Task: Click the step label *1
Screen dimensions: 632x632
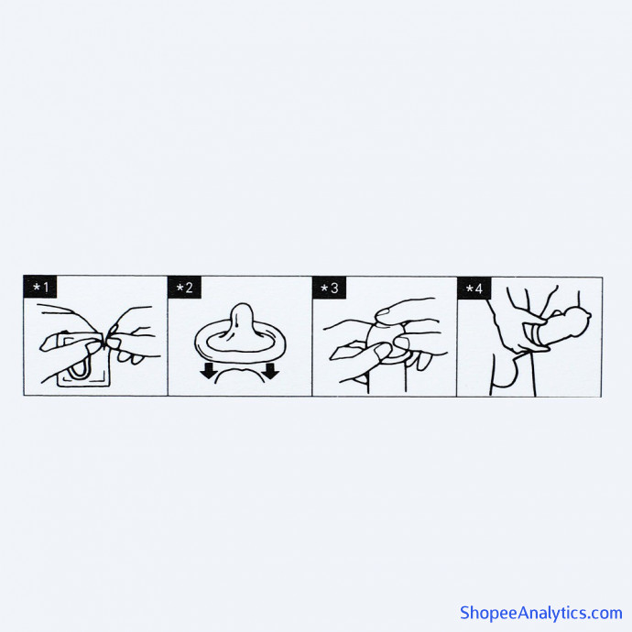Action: [x=40, y=287]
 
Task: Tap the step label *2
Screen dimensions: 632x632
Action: [x=184, y=288]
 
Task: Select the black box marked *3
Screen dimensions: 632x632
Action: [x=329, y=288]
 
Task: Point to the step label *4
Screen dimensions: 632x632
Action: [x=474, y=289]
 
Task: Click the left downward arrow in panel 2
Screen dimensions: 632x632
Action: [x=209, y=371]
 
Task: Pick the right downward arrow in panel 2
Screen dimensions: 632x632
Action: [x=271, y=371]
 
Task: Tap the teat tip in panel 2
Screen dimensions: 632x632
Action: [x=242, y=311]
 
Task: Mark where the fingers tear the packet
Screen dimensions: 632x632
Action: [x=105, y=340]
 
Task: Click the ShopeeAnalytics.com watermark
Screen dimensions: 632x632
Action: [x=541, y=613]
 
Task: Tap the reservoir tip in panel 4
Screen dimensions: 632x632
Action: [x=588, y=315]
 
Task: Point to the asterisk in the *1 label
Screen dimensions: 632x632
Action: [x=37, y=288]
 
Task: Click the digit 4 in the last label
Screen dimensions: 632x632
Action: [x=478, y=289]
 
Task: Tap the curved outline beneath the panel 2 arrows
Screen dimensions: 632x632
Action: [x=240, y=374]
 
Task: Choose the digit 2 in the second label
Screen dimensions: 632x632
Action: [x=189, y=288]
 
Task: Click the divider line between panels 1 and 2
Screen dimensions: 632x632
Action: [x=168, y=336]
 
